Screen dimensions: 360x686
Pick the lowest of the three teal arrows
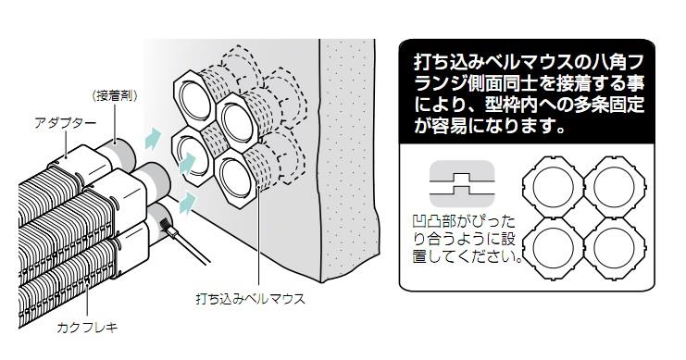tap(187, 199)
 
